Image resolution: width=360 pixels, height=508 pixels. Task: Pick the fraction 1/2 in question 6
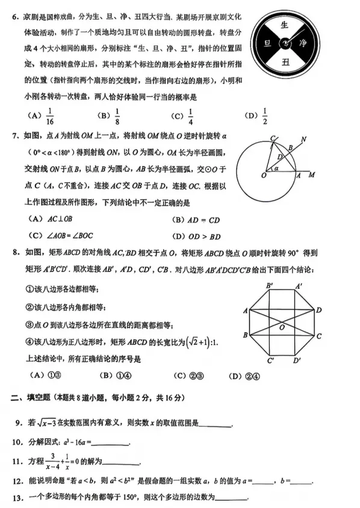[x=265, y=115]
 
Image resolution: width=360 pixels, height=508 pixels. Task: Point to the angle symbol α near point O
[x=276, y=170]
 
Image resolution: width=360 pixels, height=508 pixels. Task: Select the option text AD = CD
[x=205, y=220]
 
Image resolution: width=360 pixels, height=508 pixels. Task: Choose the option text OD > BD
[x=205, y=236]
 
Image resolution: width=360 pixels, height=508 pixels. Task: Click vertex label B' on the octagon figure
[x=270, y=285]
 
